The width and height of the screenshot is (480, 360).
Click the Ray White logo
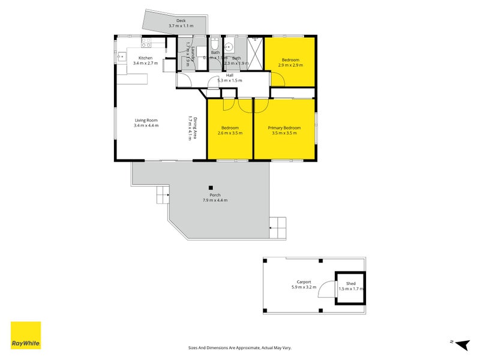pos(26,335)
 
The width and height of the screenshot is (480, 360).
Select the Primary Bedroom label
pos(284,128)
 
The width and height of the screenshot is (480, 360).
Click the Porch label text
pos(215,195)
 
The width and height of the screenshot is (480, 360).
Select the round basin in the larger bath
pos(229,47)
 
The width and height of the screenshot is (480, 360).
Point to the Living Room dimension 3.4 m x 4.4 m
pos(146,126)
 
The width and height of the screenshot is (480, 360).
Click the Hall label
pos(221,75)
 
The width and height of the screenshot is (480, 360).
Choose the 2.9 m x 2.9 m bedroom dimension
pos(291,65)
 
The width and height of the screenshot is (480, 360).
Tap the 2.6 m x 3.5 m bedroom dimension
pos(230,133)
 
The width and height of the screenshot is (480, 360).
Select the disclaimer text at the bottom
pos(240,348)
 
